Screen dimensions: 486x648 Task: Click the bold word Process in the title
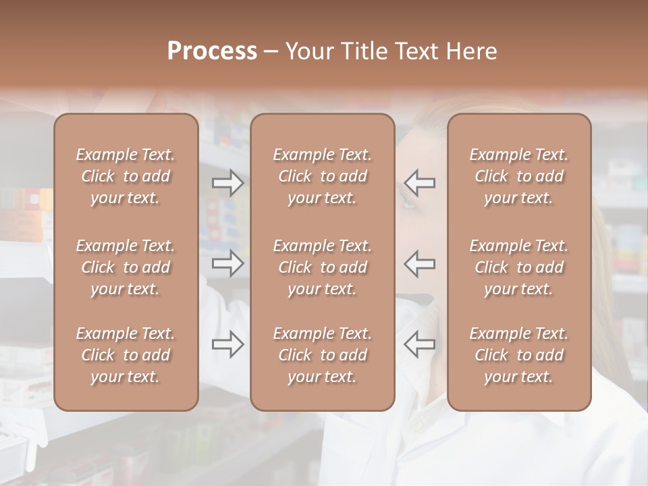212,51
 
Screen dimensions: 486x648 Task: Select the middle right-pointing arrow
227,263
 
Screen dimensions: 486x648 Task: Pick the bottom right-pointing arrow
227,344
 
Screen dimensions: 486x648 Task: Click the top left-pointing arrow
420,183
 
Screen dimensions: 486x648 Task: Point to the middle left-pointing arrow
420,263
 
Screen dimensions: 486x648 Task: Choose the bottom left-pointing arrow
420,344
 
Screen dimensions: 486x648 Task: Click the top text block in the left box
126,176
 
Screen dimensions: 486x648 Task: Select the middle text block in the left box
126,267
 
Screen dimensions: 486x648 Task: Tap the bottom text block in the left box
126,355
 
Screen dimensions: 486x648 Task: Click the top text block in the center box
323,176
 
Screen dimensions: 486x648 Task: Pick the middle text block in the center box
323,267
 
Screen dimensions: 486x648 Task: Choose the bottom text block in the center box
323,355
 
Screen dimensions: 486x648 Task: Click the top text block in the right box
519,176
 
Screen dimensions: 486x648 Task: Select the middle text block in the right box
519,267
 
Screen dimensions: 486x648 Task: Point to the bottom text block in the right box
519,355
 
